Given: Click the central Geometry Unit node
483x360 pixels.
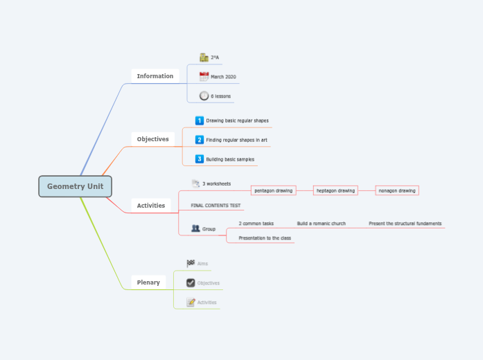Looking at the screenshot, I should (x=75, y=186).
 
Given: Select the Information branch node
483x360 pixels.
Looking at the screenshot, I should (x=155, y=76).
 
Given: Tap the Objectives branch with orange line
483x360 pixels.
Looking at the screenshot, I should (x=152, y=139).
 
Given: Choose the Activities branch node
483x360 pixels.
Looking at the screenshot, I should (x=150, y=206).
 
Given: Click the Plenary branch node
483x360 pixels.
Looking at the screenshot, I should (x=148, y=282).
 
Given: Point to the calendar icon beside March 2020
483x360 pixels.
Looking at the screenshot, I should (x=204, y=77).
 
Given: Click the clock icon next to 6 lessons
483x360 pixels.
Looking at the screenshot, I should (x=204, y=96).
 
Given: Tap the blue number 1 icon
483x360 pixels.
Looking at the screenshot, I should (x=200, y=120).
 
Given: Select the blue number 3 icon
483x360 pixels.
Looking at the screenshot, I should (x=200, y=159).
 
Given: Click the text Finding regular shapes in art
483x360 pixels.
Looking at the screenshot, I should (x=236, y=140).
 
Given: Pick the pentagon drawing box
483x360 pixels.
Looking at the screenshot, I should (x=273, y=190).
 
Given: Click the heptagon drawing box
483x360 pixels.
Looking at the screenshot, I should (x=335, y=190).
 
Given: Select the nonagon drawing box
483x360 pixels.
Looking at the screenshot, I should (x=397, y=190).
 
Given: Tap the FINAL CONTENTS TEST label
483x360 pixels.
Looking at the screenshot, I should (x=216, y=206).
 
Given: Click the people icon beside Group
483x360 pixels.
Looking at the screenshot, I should (x=195, y=228).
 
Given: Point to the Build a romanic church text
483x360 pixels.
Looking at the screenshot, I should (x=321, y=224).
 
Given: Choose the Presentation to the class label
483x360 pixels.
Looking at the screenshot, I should (x=265, y=238).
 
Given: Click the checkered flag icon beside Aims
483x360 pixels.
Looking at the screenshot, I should (x=191, y=263).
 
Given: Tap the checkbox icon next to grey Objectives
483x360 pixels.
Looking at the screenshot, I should (x=191, y=282).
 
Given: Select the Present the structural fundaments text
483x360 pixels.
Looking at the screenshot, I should (x=405, y=224).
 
